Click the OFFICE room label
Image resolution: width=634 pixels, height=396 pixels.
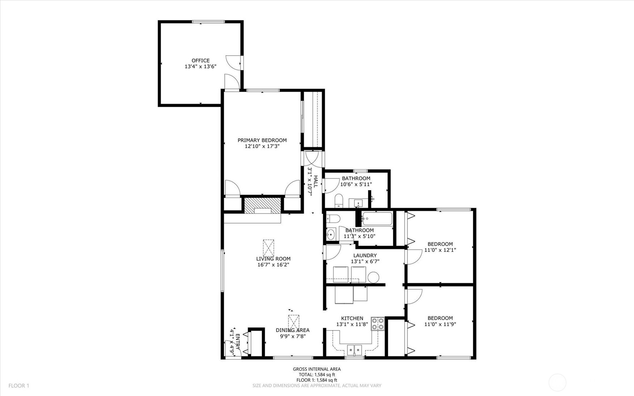pyautogui.click(x=200, y=60)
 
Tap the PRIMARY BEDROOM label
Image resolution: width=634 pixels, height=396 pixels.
pyautogui.click(x=262, y=140)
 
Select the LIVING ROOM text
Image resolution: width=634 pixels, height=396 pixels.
pyautogui.click(x=273, y=258)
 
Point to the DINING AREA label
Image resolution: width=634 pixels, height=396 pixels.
pyautogui.click(x=293, y=330)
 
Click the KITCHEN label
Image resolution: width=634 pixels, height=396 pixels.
pyautogui.click(x=352, y=318)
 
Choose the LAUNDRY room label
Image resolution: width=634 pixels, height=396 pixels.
pyautogui.click(x=365, y=255)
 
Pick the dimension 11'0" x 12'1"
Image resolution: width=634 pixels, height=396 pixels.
pyautogui.click(x=440, y=250)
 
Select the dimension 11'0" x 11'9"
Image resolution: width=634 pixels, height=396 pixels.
pyautogui.click(x=440, y=324)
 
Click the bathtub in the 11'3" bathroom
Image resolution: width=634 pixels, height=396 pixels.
pyautogui.click(x=377, y=219)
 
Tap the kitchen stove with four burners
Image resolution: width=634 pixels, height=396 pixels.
pyautogui.click(x=378, y=324)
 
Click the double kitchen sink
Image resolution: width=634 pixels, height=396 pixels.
pyautogui.click(x=354, y=350)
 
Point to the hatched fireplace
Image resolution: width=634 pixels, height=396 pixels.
pyautogui.click(x=263, y=205)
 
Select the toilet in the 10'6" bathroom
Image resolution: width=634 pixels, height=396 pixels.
pyautogui.click(x=339, y=200)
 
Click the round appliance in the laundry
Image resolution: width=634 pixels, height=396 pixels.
pyautogui.click(x=373, y=277)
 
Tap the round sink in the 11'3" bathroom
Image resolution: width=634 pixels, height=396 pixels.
pyautogui.click(x=331, y=235)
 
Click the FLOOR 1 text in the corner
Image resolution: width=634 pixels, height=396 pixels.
pyautogui.click(x=19, y=386)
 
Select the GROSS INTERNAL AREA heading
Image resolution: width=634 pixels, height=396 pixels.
pyautogui.click(x=316, y=369)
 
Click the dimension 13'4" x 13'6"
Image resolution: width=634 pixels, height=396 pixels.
pyautogui.click(x=200, y=67)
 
